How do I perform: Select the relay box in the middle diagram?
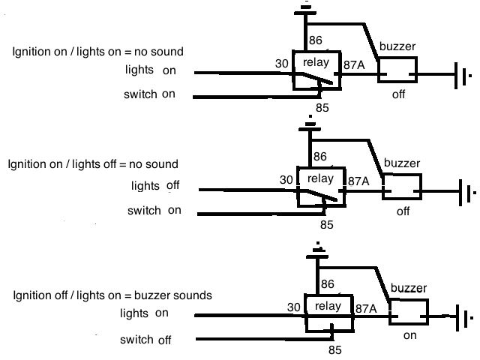coord(322,185)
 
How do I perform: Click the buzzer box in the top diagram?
coord(397,70)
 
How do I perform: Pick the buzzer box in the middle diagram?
coord(403,185)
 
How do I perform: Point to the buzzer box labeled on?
coord(408,311)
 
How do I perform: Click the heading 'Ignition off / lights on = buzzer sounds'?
coord(112,295)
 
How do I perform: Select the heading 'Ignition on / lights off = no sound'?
coord(93,163)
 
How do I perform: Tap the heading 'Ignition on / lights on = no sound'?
coord(98,52)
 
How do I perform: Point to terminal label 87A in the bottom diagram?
coord(367,308)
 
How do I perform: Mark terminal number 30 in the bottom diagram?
coord(294,307)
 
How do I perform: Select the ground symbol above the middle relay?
coord(310,124)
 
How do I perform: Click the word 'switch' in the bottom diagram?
coord(136,340)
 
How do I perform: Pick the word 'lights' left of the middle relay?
coord(145,185)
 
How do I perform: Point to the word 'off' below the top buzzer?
coord(398,95)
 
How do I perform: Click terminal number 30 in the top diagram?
coord(282,64)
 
